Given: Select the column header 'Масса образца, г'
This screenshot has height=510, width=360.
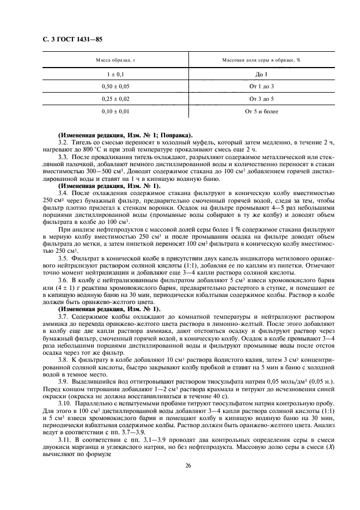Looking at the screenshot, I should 115,60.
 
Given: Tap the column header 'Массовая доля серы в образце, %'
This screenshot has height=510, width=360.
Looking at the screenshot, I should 261,60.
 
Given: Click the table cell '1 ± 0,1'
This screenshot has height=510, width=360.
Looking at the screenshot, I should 115,74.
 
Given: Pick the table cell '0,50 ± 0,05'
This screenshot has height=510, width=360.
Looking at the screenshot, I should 115,87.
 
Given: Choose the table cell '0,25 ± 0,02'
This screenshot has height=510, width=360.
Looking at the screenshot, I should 115,99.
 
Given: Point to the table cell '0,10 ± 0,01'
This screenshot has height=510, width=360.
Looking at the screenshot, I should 115,112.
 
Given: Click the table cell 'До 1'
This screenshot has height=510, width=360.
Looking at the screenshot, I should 261,74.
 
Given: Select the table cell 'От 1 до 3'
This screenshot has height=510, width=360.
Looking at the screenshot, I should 261,87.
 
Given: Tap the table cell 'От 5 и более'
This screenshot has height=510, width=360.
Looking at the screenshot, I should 261,112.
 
